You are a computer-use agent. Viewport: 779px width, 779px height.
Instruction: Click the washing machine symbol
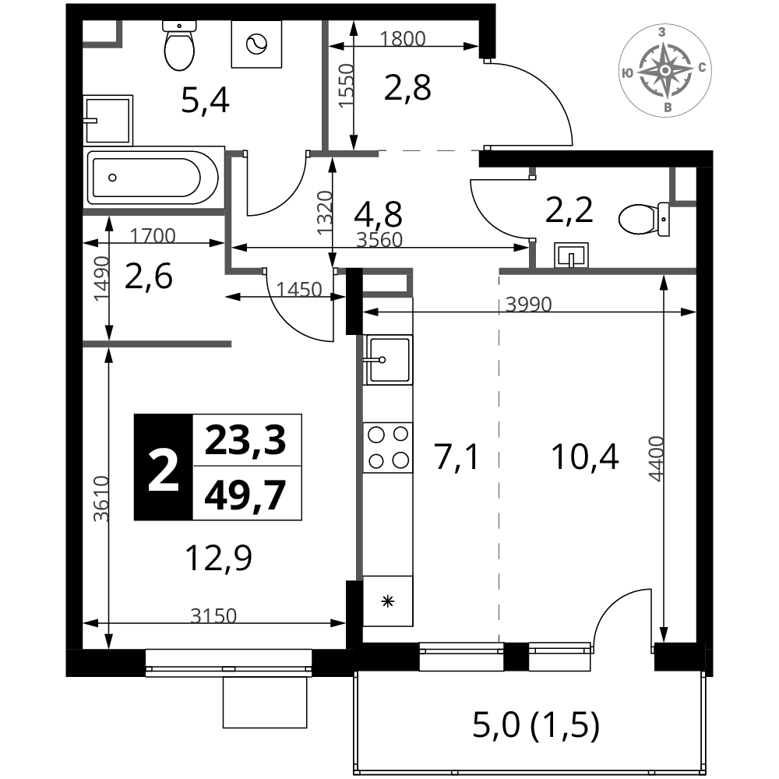point(256,44)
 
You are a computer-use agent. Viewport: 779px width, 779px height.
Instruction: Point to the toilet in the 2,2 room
point(644,219)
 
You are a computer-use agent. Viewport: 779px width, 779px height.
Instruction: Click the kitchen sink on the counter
point(388,359)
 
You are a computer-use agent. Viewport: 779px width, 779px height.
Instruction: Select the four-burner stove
point(388,448)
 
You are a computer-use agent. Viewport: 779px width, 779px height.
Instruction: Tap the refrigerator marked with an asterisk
point(388,601)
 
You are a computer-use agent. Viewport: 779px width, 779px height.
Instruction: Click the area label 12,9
point(219,558)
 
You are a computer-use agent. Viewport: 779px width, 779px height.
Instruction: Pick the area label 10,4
point(585,457)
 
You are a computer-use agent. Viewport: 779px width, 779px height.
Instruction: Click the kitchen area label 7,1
point(457,457)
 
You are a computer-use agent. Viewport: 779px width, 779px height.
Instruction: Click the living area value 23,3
point(245,440)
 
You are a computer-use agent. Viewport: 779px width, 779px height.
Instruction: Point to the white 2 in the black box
point(163,467)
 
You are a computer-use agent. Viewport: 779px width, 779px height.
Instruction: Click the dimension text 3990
point(529,304)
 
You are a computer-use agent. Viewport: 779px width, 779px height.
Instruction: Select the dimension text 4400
point(656,459)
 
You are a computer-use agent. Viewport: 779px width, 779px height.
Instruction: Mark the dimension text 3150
point(213,616)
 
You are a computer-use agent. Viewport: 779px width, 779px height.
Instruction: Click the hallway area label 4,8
point(378,214)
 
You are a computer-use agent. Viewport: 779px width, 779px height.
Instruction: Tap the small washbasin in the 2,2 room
point(571,256)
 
